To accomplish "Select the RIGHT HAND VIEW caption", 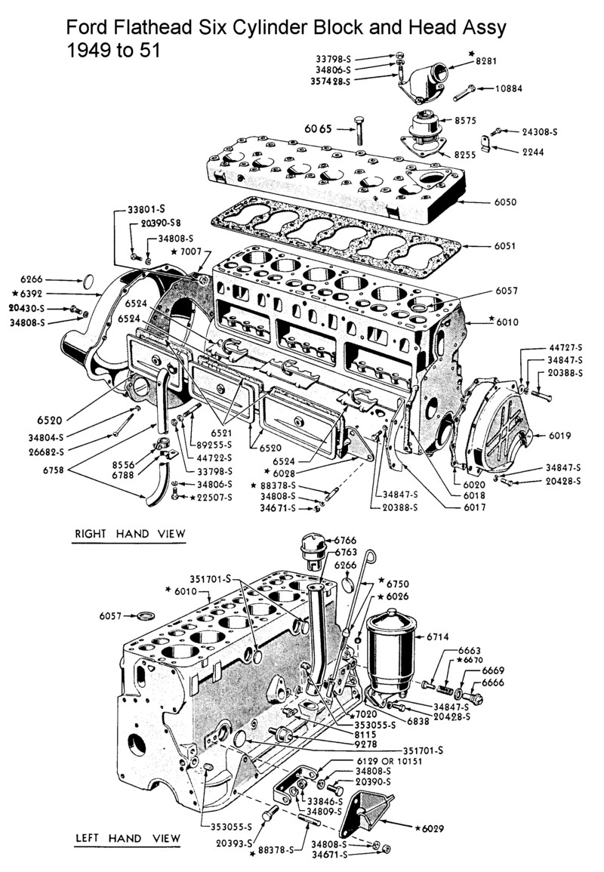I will [129, 535].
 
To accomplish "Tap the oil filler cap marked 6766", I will [311, 547].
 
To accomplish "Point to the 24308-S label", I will [539, 131].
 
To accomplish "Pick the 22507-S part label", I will [213, 497].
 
